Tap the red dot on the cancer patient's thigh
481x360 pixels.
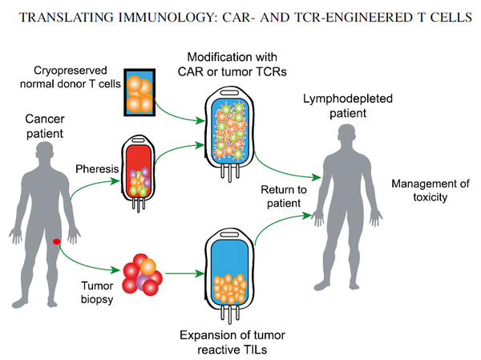pos(56,241)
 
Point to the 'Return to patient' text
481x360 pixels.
pos(281,196)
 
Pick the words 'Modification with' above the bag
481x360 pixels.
pos(231,59)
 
